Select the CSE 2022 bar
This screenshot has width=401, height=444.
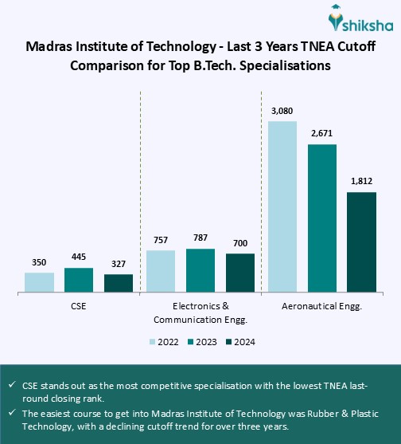coord(39,282)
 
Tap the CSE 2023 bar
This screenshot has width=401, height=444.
coord(79,280)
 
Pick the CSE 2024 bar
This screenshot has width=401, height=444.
coord(119,283)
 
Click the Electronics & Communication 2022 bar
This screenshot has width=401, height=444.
coord(161,271)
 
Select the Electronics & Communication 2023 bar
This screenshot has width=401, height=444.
coord(200,270)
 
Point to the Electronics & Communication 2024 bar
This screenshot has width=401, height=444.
coord(240,273)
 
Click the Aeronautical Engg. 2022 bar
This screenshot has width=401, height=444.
coord(282,206)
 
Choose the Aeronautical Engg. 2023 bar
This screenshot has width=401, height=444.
coord(322,218)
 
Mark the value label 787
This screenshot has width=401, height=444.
coord(200,238)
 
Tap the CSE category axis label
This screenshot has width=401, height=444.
coord(79,306)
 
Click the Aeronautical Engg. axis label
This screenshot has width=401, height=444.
coord(322,306)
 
